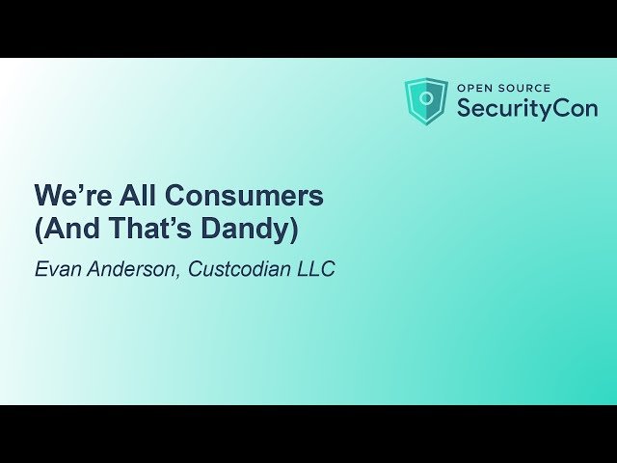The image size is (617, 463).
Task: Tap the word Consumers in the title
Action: pos(245,196)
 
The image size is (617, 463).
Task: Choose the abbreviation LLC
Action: pos(315,269)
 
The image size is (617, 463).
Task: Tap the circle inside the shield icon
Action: pos(426,99)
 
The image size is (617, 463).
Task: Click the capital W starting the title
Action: pos(47,196)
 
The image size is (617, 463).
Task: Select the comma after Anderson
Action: pos(180,275)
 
